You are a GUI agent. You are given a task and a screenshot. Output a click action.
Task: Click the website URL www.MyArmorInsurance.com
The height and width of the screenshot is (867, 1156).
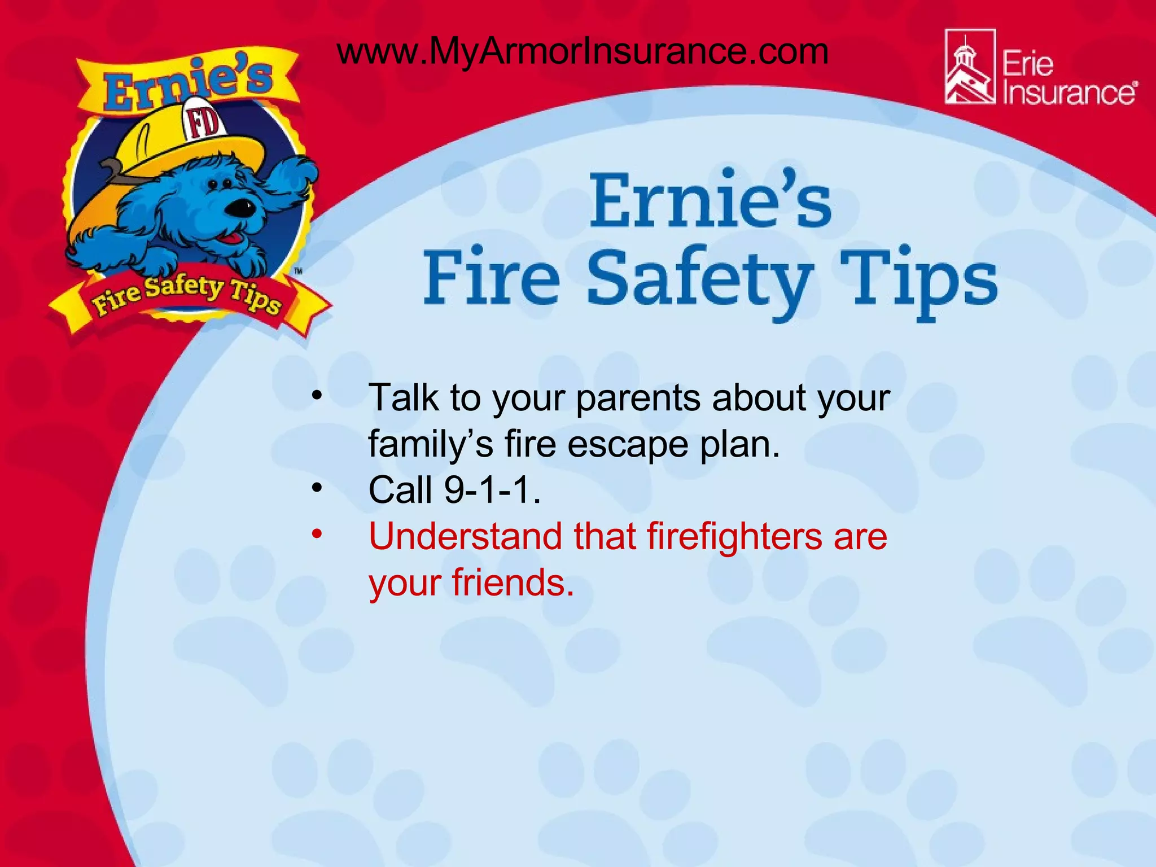click(x=583, y=52)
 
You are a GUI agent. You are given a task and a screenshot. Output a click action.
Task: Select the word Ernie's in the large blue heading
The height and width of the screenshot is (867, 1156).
click(x=710, y=201)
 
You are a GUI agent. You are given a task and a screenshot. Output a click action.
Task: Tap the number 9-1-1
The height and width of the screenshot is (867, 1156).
click(x=492, y=489)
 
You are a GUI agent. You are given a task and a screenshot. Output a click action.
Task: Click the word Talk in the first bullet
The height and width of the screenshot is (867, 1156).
click(x=403, y=398)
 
